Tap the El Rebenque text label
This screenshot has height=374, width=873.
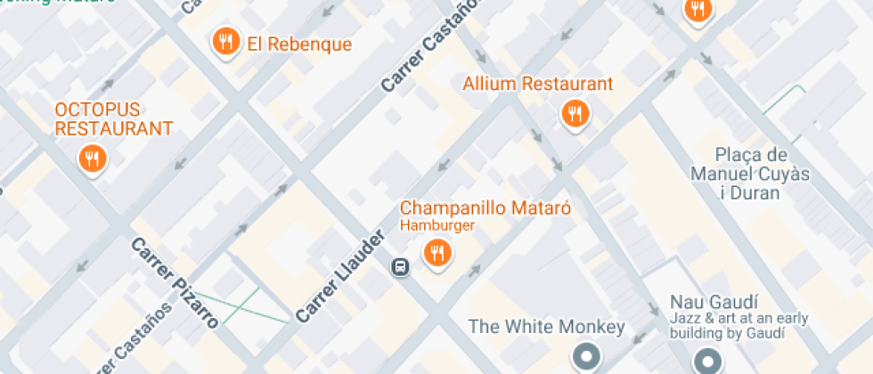tap(299, 45)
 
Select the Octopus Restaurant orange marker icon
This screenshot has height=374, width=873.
tap(92, 160)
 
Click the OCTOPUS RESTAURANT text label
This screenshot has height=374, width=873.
tap(113, 119)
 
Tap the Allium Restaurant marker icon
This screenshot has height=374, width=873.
tap(575, 113)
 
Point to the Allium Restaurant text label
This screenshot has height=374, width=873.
tap(537, 85)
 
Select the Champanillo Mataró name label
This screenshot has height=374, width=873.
tap(485, 208)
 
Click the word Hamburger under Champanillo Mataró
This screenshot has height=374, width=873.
tap(436, 226)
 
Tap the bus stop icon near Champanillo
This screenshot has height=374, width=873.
tap(401, 266)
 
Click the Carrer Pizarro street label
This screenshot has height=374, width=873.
tap(175, 283)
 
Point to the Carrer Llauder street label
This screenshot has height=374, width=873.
tap(339, 276)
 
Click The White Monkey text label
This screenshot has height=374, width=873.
tap(546, 327)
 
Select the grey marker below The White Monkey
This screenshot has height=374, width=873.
tap(586, 358)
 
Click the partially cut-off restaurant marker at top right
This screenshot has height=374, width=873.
tap(697, 10)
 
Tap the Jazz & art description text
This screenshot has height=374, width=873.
tap(728, 327)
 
